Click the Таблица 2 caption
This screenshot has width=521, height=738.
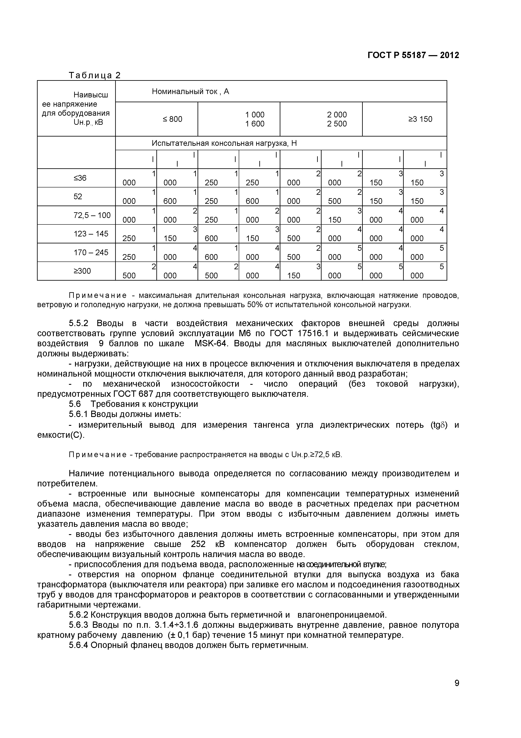95,75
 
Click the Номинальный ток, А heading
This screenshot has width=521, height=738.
190,92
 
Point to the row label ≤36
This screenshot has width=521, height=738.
80,178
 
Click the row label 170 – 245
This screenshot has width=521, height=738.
91,252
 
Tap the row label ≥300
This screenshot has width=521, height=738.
82,271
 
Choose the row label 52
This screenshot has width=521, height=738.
78,196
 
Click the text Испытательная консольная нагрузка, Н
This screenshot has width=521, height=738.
224,143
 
